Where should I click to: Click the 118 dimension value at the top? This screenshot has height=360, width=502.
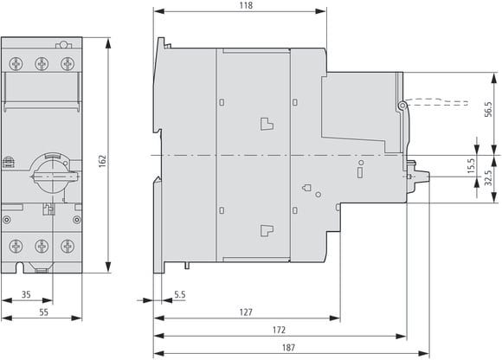246,5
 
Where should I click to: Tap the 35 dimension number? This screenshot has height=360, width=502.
26,294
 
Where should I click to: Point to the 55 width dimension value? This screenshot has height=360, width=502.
44,312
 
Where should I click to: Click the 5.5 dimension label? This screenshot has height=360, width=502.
180,294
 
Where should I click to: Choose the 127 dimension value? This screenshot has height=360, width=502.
246,312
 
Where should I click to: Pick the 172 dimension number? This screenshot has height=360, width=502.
279,330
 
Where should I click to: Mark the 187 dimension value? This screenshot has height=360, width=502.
288,347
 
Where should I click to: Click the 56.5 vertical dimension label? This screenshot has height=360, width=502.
488,109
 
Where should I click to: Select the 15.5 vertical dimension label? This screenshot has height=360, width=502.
471,166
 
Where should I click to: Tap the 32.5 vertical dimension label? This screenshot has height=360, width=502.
488,178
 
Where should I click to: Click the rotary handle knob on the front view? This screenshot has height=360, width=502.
53,175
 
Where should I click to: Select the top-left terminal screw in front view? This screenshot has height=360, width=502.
16,64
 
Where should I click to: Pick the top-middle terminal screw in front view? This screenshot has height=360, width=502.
42,64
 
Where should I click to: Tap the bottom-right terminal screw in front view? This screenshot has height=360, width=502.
68,246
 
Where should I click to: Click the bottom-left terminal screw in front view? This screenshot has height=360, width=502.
16,246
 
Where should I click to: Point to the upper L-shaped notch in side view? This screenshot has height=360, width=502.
267,124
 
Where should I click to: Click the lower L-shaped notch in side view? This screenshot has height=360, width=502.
267,230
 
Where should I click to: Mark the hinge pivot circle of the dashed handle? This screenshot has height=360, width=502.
402,106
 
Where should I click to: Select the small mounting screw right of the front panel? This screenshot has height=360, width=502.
77,220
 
